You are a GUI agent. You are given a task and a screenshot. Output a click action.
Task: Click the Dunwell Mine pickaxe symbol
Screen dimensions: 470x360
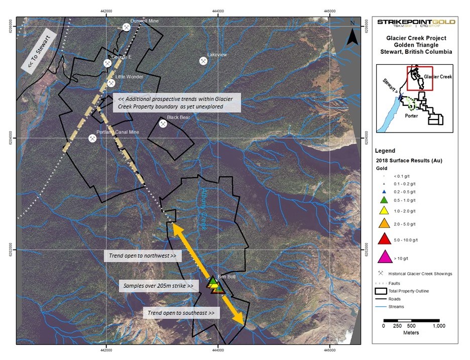click(127, 27)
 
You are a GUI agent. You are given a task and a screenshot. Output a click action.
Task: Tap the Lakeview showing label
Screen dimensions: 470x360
click(217, 54)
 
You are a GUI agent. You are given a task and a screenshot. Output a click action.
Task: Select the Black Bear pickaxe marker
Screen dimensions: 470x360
click(163, 124)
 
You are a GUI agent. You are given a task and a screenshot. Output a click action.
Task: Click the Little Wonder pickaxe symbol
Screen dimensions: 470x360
click(111, 83)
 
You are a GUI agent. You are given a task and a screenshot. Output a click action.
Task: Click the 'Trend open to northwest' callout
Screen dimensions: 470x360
click(142, 256)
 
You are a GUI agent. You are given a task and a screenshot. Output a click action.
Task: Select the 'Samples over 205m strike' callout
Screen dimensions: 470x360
click(158, 286)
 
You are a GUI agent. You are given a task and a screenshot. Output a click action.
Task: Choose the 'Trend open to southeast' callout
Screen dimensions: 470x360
click(182, 313)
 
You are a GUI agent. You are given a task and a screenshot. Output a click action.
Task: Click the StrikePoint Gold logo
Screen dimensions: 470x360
click(416, 23)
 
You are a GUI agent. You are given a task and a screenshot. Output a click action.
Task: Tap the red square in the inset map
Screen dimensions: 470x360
click(420, 78)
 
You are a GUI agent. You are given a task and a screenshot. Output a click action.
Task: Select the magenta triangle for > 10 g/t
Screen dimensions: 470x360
click(385, 257)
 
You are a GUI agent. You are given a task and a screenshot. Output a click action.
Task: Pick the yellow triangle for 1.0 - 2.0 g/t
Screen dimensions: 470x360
click(385, 210)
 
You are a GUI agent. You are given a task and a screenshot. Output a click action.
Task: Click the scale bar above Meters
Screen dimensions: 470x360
click(411, 320)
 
